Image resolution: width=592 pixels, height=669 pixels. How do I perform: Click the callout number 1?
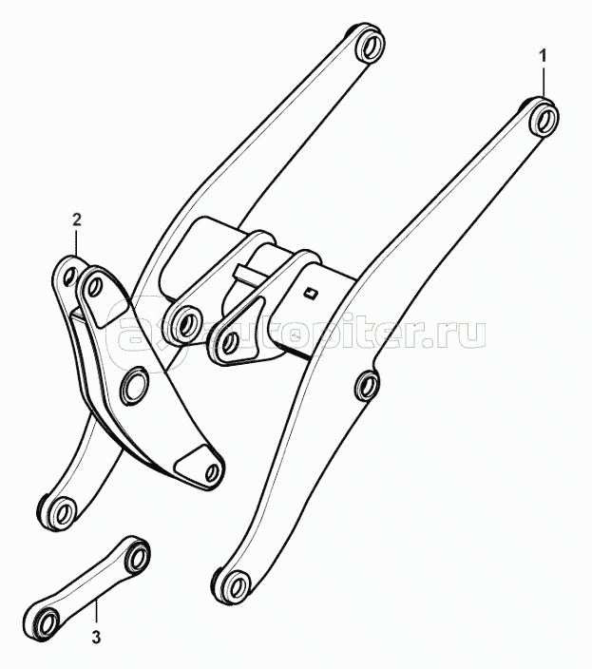pos(543,56)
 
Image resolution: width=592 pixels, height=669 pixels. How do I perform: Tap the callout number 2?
pos(76,220)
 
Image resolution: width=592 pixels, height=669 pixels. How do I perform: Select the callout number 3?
pos(96,639)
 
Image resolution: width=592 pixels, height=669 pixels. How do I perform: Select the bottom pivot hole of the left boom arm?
pos(64,510)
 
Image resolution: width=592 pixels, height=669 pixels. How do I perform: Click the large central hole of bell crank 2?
pos(136,384)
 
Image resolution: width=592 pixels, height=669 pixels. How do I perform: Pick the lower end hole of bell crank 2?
pos(212,472)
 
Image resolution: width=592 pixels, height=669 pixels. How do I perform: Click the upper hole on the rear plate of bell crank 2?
pos(69,276)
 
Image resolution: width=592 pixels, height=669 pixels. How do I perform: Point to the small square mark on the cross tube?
pos(309,293)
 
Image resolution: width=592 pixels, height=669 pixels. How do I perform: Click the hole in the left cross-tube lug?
pos(186,325)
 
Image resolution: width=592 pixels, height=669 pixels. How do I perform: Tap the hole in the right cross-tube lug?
pos(230,341)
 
